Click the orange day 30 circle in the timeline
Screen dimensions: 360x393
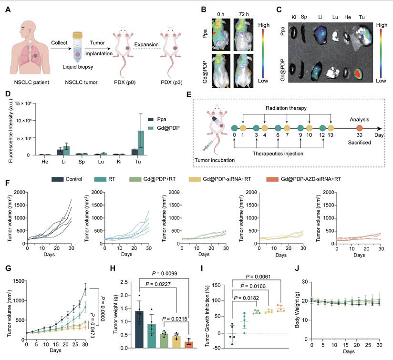click(359, 128)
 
